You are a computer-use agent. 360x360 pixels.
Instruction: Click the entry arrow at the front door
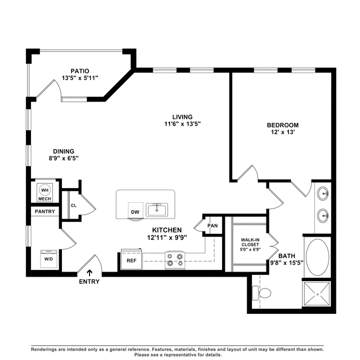pos(90,273)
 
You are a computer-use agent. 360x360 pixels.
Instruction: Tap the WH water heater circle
pos(45,190)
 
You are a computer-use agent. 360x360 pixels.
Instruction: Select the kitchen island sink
pos(157,210)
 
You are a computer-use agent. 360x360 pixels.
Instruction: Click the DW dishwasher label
pos(135,212)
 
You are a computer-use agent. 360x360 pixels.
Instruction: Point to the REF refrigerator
pos(132,260)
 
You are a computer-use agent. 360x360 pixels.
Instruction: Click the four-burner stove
pos(175,260)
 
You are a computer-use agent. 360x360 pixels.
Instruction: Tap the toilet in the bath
pos(261,293)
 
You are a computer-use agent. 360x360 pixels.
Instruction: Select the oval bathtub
pos(318,257)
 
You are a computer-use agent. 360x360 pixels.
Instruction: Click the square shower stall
pos(317,294)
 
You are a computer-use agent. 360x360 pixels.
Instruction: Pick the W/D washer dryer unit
pos(48,259)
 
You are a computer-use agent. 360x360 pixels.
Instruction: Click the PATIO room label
pos(79,71)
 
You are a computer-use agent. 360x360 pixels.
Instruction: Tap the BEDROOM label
pos(283,125)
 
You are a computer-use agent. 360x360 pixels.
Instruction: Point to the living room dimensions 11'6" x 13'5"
pos(183,124)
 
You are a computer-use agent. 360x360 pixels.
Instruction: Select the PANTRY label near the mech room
pos(45,211)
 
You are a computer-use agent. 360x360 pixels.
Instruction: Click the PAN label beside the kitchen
pos(212,226)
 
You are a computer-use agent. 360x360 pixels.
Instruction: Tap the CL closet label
pos(74,206)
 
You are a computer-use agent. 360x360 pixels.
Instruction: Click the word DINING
pos(64,152)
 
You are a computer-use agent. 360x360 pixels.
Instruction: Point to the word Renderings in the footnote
pos(44,350)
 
